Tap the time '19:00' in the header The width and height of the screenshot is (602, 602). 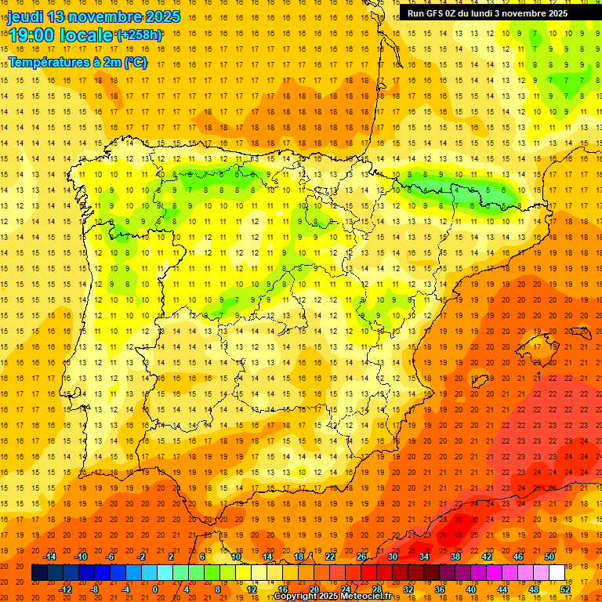[32, 35]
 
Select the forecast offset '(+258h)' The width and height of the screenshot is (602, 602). [140, 35]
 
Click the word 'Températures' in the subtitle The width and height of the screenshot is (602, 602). [47, 62]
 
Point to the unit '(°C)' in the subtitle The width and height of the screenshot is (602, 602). [135, 62]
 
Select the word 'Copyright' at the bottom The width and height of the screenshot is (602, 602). [296, 597]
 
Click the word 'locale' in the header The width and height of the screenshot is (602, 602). [85, 35]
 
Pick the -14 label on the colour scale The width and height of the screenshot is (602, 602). [49, 557]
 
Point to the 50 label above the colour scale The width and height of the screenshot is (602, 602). [549, 557]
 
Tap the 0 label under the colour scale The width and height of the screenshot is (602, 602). [155, 589]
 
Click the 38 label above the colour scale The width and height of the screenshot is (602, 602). [455, 557]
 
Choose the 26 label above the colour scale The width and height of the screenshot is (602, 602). [361, 557]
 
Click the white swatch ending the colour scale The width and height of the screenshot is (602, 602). [557, 572]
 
